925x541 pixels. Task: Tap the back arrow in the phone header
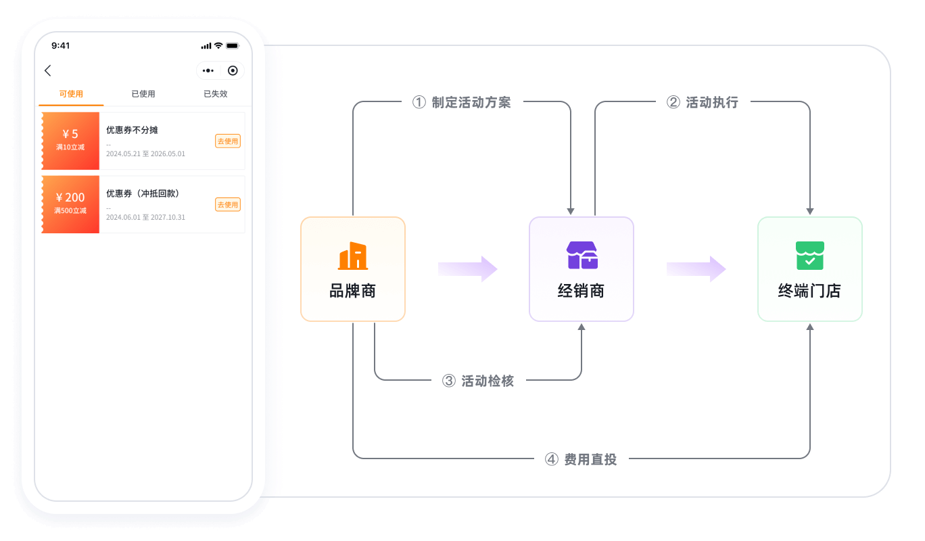pos(47,70)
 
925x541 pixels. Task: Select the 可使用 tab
pos(71,94)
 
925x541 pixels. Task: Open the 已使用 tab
pos(143,94)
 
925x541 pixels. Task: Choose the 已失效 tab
pos(216,94)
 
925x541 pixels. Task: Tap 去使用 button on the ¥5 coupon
pos(228,141)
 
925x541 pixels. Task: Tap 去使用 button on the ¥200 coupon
pos(228,204)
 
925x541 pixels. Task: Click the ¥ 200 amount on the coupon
pos(70,197)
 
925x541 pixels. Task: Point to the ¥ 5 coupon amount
pos(70,134)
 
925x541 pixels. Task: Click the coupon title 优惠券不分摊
pos(132,130)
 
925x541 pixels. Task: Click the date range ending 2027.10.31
pos(145,217)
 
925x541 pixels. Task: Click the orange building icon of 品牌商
pos(352,256)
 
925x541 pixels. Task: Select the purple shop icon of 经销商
pos(582,255)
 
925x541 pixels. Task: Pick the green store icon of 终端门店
pos(809,256)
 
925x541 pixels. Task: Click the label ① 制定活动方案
pos(462,102)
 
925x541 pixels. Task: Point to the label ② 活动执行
pos(703,102)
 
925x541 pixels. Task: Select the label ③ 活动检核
pos(478,381)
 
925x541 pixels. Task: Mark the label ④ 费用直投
pos(581,459)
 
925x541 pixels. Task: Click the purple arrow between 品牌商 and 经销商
pos(468,269)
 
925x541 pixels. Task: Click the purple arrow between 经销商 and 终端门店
pos(696,269)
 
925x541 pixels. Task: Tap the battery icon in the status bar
pos(233,46)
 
